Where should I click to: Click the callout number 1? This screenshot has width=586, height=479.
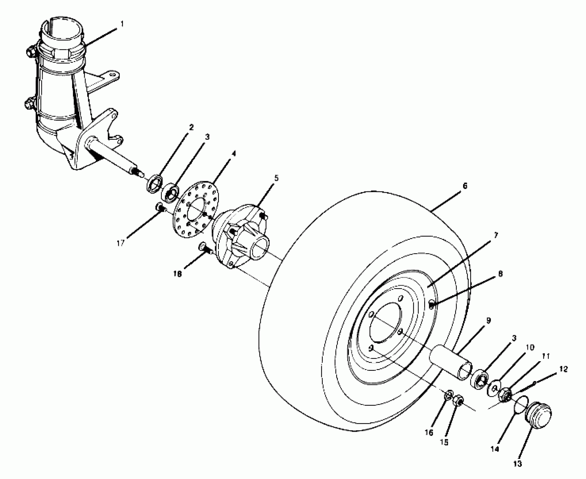pyautogui.click(x=122, y=24)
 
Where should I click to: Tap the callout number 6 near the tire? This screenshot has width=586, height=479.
pyautogui.click(x=465, y=186)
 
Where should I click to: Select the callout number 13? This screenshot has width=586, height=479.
pyautogui.click(x=518, y=464)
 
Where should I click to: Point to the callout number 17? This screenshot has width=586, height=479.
pyautogui.click(x=121, y=243)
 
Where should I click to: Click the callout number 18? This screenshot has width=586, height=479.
pyautogui.click(x=178, y=274)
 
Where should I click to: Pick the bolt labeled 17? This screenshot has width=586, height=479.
pyautogui.click(x=161, y=208)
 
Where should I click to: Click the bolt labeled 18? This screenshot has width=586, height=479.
pyautogui.click(x=204, y=247)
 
